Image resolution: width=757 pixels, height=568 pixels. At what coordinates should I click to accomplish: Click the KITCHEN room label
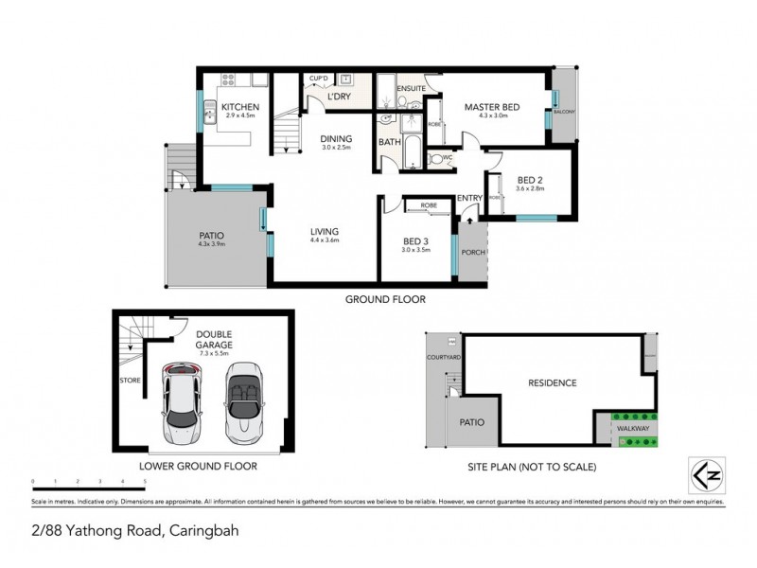[x=239, y=107]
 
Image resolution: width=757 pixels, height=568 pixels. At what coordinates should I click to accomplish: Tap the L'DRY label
[x=339, y=98]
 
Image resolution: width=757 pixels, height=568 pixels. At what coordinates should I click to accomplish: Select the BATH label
[x=389, y=142]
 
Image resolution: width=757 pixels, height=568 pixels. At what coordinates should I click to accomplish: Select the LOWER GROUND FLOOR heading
[x=198, y=466]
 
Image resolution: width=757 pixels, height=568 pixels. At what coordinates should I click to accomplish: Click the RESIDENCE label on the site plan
[x=551, y=383]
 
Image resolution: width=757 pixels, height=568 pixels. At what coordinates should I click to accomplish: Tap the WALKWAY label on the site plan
[x=632, y=429]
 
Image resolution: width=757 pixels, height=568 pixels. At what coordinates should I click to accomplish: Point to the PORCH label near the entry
[x=470, y=253]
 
